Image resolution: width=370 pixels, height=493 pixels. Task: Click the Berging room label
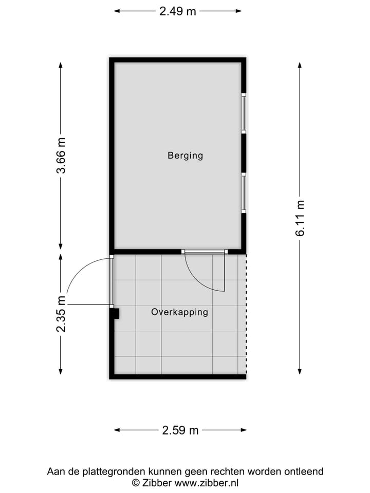coord(185,155)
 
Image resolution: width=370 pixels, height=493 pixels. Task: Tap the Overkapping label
coord(179,312)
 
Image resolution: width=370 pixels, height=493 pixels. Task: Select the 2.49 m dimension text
coord(177,11)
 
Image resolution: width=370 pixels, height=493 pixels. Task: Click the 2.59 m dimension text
coord(180,430)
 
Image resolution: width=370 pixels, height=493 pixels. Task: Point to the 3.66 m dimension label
coord(61,155)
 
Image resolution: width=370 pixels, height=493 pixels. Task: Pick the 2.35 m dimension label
coord(61,314)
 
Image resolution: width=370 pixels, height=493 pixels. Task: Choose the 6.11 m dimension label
coord(300,218)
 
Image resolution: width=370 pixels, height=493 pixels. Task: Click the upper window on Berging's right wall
coord(244,113)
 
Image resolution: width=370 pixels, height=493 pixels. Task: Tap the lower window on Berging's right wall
coord(244,193)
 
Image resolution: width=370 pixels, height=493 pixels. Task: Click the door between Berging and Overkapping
coord(205,252)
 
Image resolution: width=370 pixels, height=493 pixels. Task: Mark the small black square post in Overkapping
coord(115,313)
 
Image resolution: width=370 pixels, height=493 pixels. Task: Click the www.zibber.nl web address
coord(207,482)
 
